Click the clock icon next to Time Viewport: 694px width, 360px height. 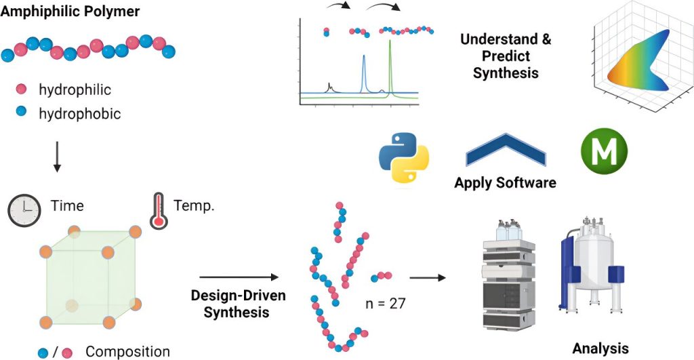tap(24, 209)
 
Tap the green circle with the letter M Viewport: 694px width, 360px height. tap(605, 150)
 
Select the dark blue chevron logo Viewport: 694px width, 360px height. tap(506, 151)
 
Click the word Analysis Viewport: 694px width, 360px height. tap(600, 348)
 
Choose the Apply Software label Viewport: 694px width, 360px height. tap(505, 182)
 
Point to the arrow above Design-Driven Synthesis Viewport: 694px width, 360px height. tap(239, 277)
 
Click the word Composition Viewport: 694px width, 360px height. tap(127, 351)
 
